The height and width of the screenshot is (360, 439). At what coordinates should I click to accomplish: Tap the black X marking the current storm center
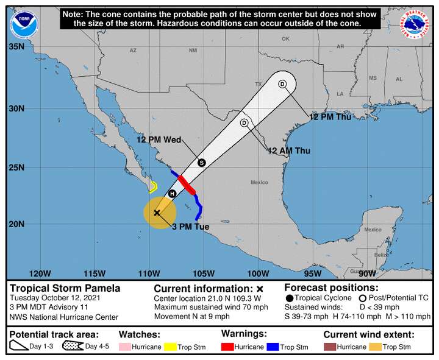157,213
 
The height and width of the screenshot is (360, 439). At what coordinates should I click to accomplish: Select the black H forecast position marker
173,194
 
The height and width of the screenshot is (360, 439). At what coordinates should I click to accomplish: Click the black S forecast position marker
201,163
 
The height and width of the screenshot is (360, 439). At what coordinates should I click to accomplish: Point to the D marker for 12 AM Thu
244,123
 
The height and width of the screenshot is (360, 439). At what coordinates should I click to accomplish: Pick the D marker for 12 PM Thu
282,84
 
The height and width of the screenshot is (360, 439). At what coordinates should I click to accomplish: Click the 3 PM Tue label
191,227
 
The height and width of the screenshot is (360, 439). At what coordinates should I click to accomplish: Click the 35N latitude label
16,46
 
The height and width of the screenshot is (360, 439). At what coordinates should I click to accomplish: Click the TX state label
258,84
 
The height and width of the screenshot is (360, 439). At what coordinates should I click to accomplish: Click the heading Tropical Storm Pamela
65,288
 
